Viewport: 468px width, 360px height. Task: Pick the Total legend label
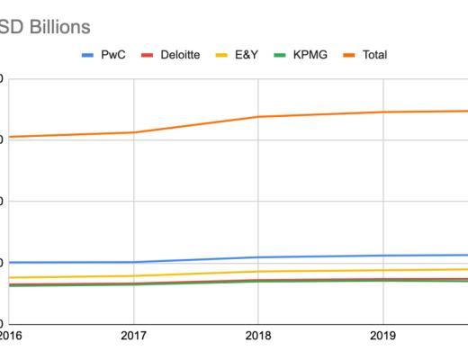pyautogui.click(x=373, y=55)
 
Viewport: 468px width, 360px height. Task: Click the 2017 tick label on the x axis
pyautogui.click(x=133, y=336)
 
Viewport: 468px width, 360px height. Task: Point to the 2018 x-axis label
pyautogui.click(x=258, y=336)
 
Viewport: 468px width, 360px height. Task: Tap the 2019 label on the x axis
pyautogui.click(x=383, y=336)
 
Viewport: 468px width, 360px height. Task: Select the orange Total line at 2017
pyautogui.click(x=133, y=132)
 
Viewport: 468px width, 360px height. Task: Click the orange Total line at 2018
pyautogui.click(x=258, y=117)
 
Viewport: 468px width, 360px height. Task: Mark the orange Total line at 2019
pyautogui.click(x=383, y=112)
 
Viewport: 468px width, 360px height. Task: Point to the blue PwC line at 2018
pyautogui.click(x=258, y=257)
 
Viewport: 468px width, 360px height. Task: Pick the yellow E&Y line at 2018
pyautogui.click(x=258, y=271)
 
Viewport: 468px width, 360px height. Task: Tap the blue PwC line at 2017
pyautogui.click(x=133, y=262)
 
